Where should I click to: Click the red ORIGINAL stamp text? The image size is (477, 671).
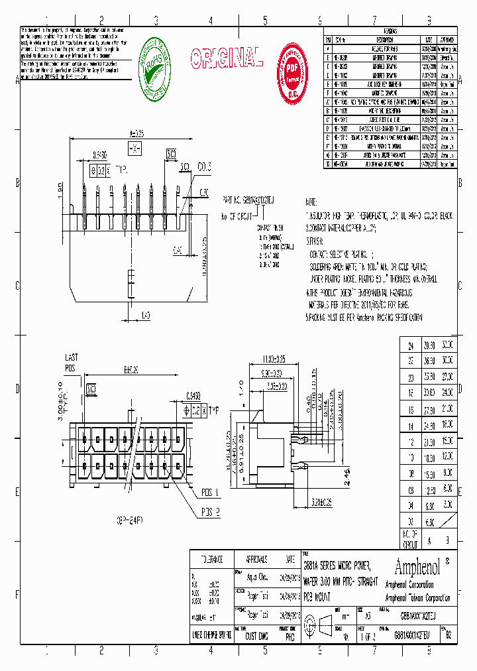(x=227, y=59)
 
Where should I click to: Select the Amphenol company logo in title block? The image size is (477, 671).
(x=421, y=566)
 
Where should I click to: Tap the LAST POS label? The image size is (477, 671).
(x=71, y=362)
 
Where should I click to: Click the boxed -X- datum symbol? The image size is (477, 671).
(x=134, y=147)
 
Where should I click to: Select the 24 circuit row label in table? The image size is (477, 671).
(x=410, y=345)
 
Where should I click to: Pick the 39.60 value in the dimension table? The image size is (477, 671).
(x=429, y=345)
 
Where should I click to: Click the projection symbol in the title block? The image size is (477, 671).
(x=326, y=624)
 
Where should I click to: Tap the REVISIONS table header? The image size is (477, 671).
(x=390, y=31)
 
